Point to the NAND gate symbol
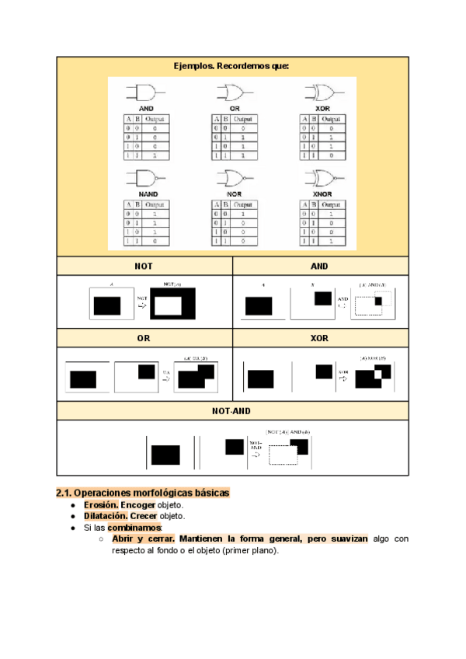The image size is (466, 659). click(x=147, y=178)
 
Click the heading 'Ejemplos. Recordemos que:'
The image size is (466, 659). click(x=231, y=67)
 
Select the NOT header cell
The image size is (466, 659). click(x=144, y=266)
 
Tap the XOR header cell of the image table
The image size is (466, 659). click(x=319, y=339)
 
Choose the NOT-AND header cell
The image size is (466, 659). click(x=231, y=411)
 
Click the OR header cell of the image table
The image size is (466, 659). click(x=144, y=339)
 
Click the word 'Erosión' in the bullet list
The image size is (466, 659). click(x=99, y=504)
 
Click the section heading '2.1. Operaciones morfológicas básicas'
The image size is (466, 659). click(x=143, y=493)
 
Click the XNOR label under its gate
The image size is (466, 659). click(x=322, y=193)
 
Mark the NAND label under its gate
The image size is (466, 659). click(x=148, y=193)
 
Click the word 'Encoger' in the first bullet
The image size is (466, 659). click(x=137, y=504)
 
